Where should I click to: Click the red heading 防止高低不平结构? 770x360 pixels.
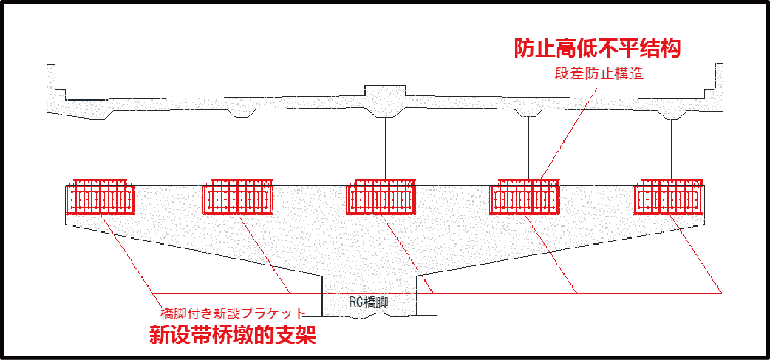[x=597, y=49]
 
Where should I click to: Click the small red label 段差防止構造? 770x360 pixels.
[x=601, y=75]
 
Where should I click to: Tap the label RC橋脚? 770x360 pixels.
[x=369, y=302]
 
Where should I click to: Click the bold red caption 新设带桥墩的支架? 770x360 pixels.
[x=233, y=336]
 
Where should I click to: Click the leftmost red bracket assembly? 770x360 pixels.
[x=100, y=197]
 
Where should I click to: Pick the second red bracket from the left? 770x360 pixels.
[x=241, y=197]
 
